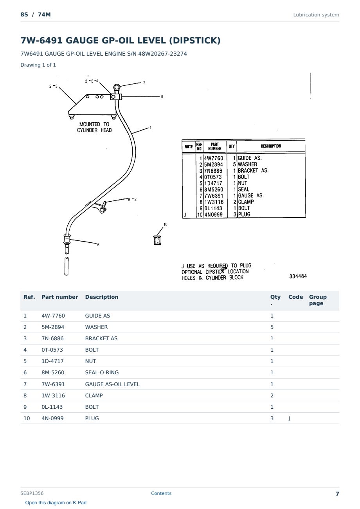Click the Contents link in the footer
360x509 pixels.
pyautogui.click(x=161, y=493)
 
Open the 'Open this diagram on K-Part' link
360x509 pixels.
pyautogui.click(x=56, y=502)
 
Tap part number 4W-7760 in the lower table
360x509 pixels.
pyautogui.click(x=53, y=316)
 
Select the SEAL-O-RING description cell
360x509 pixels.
pyautogui.click(x=102, y=372)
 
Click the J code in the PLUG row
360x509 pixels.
pyautogui.click(x=289, y=418)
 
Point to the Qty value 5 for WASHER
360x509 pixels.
pyautogui.click(x=272, y=327)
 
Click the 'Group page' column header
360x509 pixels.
pyautogui.click(x=318, y=300)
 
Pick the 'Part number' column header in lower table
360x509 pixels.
pyautogui.click(x=60, y=297)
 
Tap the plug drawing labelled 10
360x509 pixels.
pyautogui.click(x=157, y=240)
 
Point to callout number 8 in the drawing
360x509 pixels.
pyautogui.click(x=162, y=96)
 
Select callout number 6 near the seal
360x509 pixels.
pyautogui.click(x=98, y=245)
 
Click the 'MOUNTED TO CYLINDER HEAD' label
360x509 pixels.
pyautogui.click(x=94, y=127)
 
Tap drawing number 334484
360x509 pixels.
pyautogui.click(x=298, y=276)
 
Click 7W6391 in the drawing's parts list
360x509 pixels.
pyautogui.click(x=214, y=196)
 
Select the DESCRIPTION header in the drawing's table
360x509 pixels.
pyautogui.click(x=271, y=146)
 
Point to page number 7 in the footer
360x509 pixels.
pyautogui.click(x=337, y=494)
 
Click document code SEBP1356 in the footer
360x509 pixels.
pyautogui.click(x=32, y=493)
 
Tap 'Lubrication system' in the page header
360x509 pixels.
pyautogui.click(x=316, y=15)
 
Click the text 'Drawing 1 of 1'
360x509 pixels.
pyautogui.click(x=38, y=65)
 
